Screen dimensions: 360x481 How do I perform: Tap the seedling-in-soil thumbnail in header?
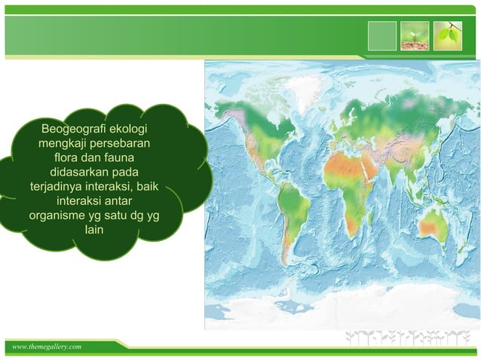(x=415, y=35)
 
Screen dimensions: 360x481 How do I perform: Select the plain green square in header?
(x=382, y=35)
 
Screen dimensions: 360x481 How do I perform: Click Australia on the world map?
(x=435, y=224)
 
